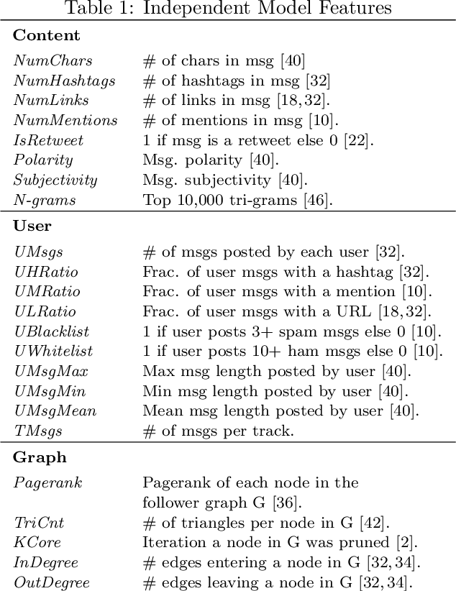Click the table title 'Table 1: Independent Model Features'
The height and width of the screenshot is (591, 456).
[228, 9]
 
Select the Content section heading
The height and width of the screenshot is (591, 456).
[47, 35]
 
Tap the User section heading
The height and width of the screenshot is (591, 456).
[32, 226]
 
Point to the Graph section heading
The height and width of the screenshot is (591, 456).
[40, 457]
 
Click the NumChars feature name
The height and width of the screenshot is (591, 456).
[53, 61]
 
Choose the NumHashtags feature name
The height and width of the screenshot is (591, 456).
[64, 81]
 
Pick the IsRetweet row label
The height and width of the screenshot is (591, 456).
[48, 140]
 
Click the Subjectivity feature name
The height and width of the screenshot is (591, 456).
[55, 180]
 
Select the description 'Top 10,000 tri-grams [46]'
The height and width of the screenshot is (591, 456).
[237, 200]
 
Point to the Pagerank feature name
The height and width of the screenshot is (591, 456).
[47, 482]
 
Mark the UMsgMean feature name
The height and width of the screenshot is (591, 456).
[55, 411]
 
